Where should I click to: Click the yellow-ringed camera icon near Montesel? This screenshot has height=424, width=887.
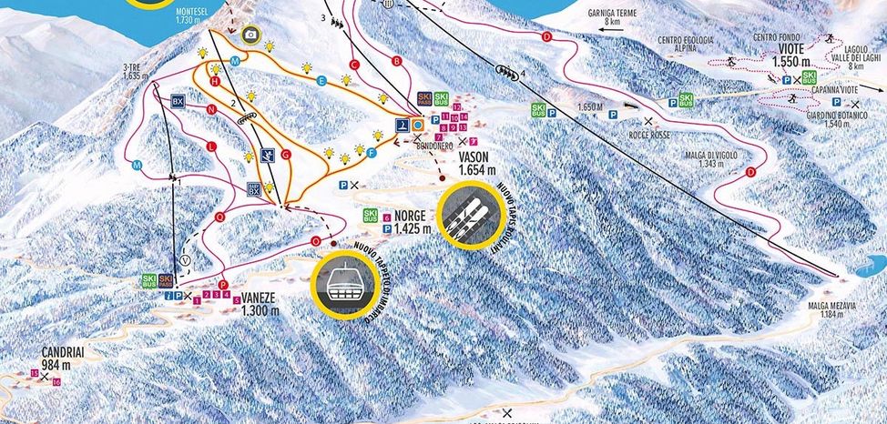point(250,35)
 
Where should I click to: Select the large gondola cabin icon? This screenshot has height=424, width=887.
point(344,283)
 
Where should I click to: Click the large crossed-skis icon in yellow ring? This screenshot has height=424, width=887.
point(469,215)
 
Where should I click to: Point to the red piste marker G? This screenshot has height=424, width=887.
point(285,156)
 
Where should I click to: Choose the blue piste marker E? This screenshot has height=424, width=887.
point(321,81)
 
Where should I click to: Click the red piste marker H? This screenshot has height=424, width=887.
point(216,81)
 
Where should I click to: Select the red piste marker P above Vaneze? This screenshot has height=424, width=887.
point(223,284)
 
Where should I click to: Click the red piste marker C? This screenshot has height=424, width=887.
point(353,65)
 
